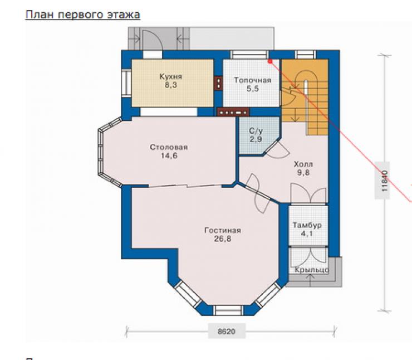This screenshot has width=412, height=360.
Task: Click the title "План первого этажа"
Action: (83, 14)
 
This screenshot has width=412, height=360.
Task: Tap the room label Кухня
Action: (171, 76)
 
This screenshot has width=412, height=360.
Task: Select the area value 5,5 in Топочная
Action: (253, 89)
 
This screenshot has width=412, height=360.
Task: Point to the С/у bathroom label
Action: (256, 130)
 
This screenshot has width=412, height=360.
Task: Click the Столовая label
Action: (169, 147)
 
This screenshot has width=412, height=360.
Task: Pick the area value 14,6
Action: (169, 155)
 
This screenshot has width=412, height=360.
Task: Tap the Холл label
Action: (303, 164)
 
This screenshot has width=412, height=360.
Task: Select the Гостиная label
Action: (223, 230)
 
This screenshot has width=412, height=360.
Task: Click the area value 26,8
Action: (223, 239)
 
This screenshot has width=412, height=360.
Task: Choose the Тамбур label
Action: (307, 225)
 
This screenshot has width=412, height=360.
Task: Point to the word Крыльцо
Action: (312, 270)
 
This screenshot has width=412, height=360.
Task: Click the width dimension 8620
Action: (226, 332)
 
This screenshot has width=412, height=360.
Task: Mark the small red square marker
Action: (270, 61)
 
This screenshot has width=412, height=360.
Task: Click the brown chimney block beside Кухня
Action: (218, 83)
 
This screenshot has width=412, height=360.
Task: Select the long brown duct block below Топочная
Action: (233, 112)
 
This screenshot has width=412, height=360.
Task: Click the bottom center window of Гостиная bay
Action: (228, 310)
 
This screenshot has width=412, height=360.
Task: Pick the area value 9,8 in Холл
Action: (303, 173)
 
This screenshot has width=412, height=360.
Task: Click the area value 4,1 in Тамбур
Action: (307, 233)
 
